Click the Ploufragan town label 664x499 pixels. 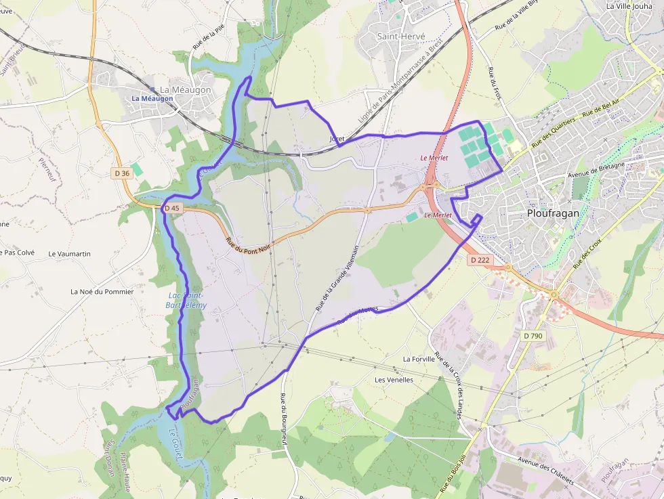click(x=553, y=213)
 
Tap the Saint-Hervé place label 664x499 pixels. click(x=401, y=36)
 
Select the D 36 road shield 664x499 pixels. click(x=122, y=173)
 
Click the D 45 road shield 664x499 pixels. click(x=171, y=208)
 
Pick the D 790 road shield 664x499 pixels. click(x=533, y=336)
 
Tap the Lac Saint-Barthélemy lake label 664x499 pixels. click(x=186, y=300)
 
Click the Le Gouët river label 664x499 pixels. click(x=176, y=444)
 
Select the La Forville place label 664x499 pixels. click(x=418, y=359)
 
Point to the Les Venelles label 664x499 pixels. click(x=394, y=380)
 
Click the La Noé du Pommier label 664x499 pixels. click(x=102, y=292)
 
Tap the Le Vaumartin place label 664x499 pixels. click(x=69, y=253)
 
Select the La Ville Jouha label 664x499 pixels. click(x=629, y=6)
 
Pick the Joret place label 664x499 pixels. click(x=337, y=139)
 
